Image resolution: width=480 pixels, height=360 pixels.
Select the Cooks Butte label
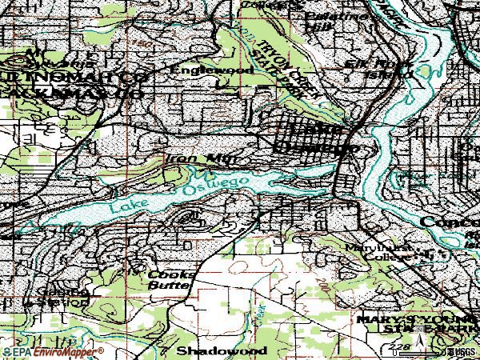[x=170, y=278]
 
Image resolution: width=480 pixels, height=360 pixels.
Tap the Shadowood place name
[x=210, y=350]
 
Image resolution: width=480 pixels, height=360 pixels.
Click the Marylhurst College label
[x=379, y=253]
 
